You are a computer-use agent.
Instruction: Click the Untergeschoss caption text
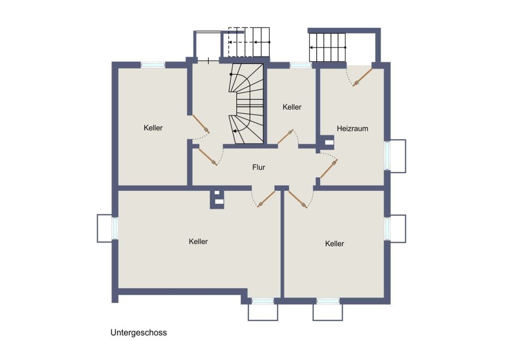coord(139,333)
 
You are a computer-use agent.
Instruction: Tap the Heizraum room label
coord(352,128)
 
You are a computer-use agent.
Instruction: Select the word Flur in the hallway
coord(258,167)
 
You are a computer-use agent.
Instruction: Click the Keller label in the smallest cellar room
coord(292,107)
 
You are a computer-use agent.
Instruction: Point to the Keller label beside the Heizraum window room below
coord(334,243)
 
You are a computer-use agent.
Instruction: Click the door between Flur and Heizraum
coord(329,169)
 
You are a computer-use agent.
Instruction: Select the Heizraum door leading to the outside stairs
coord(363,77)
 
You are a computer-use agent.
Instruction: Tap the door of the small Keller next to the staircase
coord(286,136)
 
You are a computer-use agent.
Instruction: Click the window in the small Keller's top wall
coord(301,65)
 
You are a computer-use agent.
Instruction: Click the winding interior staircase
coord(247,104)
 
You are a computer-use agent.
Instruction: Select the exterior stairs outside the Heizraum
coord(327,47)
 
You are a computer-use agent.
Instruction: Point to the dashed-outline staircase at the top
coord(249,42)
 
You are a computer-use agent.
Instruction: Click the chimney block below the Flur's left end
coord(217,199)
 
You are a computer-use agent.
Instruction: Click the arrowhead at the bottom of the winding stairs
coord(234,131)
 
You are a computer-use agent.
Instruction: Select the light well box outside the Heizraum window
coord(398,156)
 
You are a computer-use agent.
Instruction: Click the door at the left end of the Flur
coord(208,157)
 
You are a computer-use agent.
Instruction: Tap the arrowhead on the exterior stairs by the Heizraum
coord(311,48)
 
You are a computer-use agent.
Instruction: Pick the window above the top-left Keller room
coord(153,65)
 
